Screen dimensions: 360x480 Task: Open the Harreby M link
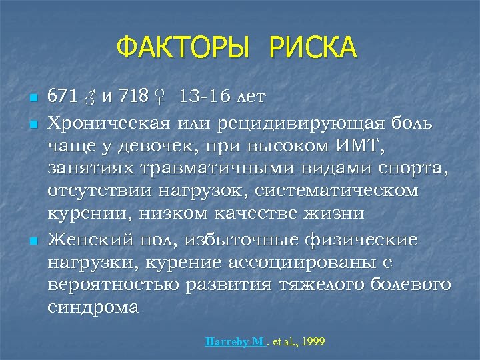(x=235, y=341)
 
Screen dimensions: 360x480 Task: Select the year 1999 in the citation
(x=313, y=341)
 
